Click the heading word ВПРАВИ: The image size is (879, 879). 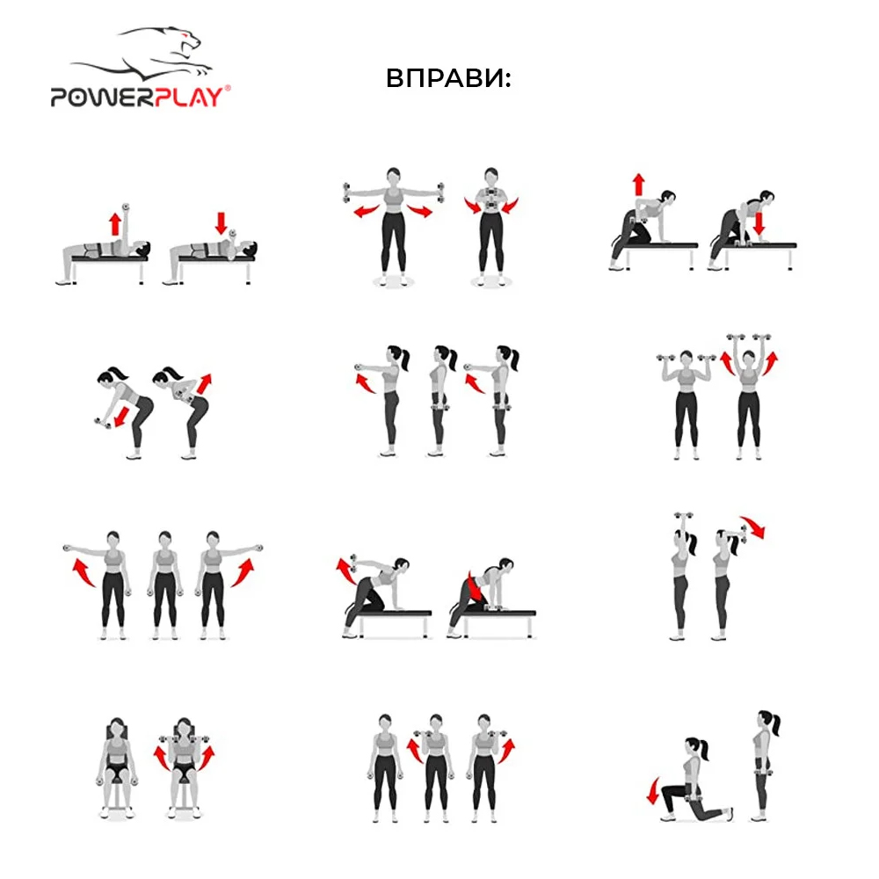tap(448, 78)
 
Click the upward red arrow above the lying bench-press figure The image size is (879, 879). tap(115, 223)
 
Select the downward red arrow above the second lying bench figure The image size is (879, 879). tap(221, 222)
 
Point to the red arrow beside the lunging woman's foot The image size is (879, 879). tap(652, 790)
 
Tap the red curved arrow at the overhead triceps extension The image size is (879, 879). tap(752, 527)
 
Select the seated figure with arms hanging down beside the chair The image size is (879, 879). tap(117, 768)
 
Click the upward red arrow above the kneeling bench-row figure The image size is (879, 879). tap(638, 185)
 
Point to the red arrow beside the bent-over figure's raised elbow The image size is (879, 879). tap(204, 384)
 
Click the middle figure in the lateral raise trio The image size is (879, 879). tap(164, 585)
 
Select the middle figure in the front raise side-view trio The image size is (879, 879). tap(440, 400)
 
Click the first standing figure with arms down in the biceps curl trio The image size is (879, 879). tap(385, 768)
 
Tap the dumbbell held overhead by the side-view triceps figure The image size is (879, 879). tap(683, 515)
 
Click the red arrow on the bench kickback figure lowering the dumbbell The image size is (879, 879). tap(474, 585)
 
